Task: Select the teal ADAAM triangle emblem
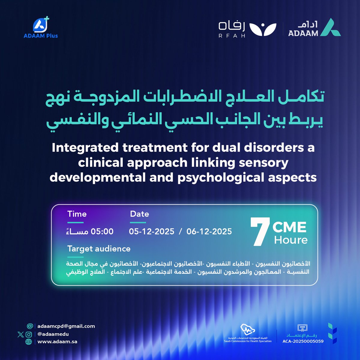330,28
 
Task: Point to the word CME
289,227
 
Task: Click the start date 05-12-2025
151,231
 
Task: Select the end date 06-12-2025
209,231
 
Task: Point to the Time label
77,214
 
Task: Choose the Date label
139,214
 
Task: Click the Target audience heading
99,249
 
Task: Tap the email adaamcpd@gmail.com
66,326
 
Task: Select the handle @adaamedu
53,334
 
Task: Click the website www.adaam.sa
57,341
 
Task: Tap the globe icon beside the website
29,341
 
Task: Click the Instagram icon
29,334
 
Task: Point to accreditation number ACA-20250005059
303,341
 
